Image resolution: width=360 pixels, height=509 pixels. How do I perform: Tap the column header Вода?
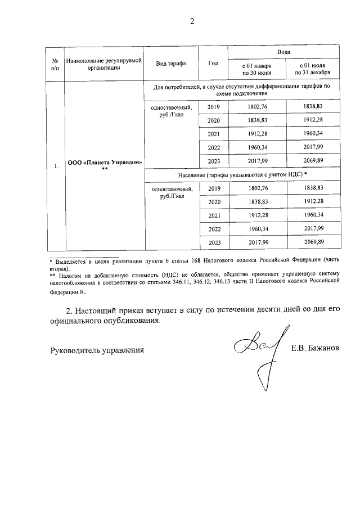point(283,51)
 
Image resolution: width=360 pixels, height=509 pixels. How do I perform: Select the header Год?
point(213,62)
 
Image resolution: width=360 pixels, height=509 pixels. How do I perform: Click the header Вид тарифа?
point(171,62)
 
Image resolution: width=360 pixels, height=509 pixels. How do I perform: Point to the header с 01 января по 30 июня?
point(257,69)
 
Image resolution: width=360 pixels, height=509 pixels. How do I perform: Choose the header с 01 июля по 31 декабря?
point(313,69)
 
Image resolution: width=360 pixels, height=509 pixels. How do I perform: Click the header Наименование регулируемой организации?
point(103,62)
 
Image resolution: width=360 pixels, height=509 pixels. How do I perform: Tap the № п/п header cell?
point(55,62)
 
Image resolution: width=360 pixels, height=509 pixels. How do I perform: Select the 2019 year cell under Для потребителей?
point(214,107)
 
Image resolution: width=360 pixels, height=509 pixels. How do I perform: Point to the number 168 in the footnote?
point(231,262)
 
